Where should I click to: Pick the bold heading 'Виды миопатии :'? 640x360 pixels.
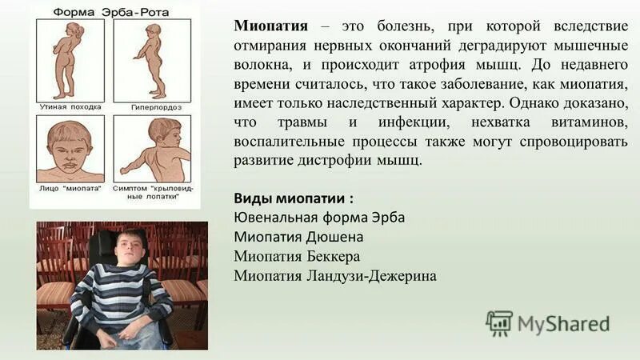[294, 197]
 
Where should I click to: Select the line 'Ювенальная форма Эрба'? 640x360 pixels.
[319, 217]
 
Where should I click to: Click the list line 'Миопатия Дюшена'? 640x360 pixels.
[298, 237]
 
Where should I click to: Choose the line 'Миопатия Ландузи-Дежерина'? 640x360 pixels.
[334, 277]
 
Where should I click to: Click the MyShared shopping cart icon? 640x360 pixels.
[498, 322]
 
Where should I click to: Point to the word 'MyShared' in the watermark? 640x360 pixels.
[563, 323]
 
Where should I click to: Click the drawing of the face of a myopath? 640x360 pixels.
[70, 150]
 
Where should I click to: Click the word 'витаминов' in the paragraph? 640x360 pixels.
[587, 122]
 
